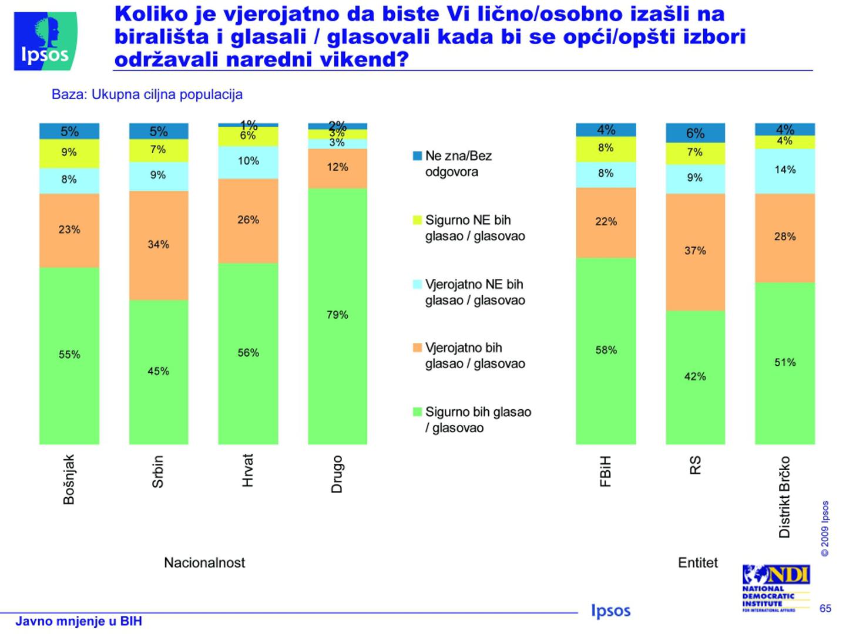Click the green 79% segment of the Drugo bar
click(337, 316)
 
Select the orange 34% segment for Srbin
click(159, 245)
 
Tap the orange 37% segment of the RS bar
click(695, 251)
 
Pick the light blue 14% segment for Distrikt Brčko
click(785, 171)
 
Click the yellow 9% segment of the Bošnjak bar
click(69, 153)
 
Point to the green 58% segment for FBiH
click(606, 350)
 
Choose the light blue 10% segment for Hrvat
click(248, 162)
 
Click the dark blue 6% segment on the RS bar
click(695, 133)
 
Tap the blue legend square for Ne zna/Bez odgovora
click(418, 156)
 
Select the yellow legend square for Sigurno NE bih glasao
click(418, 220)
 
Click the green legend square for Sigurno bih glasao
click(418, 412)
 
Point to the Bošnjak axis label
click(69, 479)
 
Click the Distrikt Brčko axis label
click(784, 497)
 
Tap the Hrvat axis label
click(248, 470)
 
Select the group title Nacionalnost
click(204, 562)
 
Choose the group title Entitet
click(697, 562)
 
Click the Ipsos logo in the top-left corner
click(45, 41)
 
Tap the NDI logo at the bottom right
click(775, 588)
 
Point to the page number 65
click(825, 608)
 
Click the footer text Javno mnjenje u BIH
click(79, 621)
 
